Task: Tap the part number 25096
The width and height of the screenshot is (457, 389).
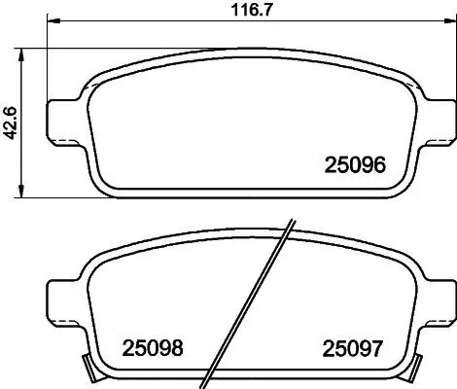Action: (355, 166)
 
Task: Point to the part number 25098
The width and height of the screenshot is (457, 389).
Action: (153, 346)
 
